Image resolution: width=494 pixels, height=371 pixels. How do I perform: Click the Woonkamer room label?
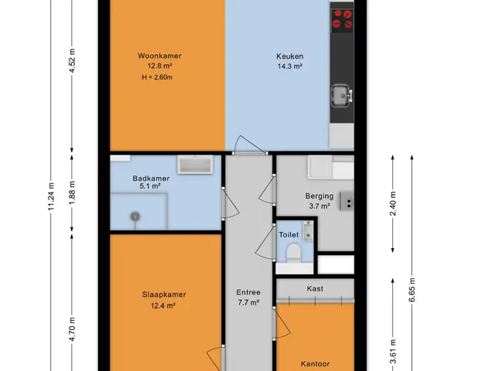pos(160,56)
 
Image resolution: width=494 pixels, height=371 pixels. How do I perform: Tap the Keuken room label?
pos(290,56)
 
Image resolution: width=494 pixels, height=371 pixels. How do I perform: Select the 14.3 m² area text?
pos(290,66)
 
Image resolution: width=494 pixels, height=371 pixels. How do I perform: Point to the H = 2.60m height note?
pos(157,77)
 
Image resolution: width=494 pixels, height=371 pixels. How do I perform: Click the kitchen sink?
pos(341,95)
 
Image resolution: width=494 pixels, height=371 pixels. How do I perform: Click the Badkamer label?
pos(151,179)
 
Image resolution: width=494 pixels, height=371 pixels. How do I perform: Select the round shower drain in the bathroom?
pos(135,216)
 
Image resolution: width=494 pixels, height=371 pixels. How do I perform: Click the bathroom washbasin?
pos(195,165)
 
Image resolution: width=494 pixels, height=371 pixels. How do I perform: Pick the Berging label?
pos(319,196)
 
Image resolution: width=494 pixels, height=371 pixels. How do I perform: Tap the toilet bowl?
pos(294,253)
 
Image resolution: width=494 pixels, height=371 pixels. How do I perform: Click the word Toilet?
pos(289,235)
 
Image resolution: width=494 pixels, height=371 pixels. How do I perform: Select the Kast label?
pos(315,288)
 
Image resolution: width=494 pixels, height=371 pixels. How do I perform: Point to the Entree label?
pos(249,292)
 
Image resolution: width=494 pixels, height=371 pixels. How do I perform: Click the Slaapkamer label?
pos(164,294)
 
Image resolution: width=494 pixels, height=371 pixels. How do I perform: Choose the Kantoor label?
pos(315,364)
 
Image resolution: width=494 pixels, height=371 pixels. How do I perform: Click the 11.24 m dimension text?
pos(52,196)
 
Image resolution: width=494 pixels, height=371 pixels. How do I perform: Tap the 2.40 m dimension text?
pos(393,203)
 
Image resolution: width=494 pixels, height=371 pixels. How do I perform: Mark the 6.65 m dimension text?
pos(412,290)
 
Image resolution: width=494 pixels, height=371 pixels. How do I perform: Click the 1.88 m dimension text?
pos(72,192)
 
